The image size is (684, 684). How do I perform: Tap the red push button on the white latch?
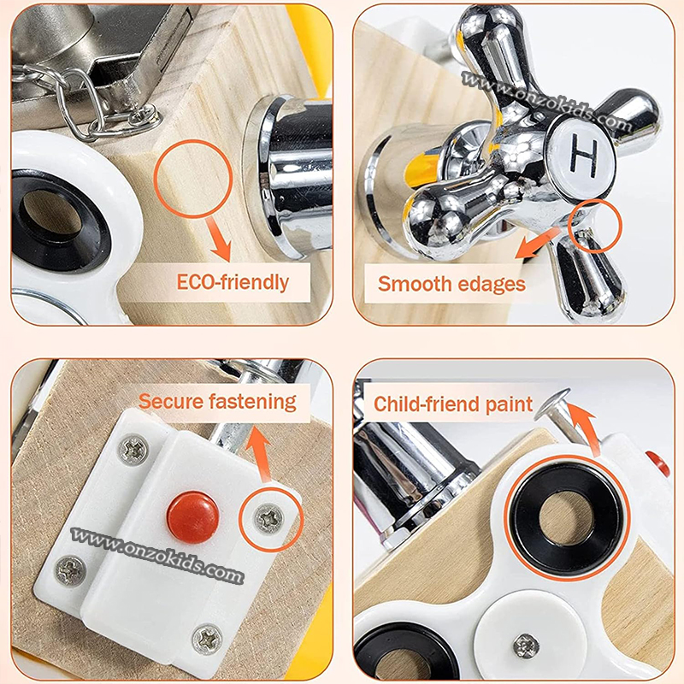coord(192,517)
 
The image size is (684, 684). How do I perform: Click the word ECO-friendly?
coord(233,283)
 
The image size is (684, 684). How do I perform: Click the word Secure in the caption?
coord(170,401)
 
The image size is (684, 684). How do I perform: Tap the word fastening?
coord(252,402)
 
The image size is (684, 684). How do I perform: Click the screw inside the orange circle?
coord(268,518)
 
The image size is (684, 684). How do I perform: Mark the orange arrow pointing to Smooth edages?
coord(538,244)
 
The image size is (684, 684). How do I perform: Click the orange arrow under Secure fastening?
coord(260,455)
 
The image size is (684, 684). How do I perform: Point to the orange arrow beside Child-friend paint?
coord(584,430)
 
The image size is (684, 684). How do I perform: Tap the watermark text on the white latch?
coord(157,554)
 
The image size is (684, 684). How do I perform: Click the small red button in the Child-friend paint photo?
coord(657,464)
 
